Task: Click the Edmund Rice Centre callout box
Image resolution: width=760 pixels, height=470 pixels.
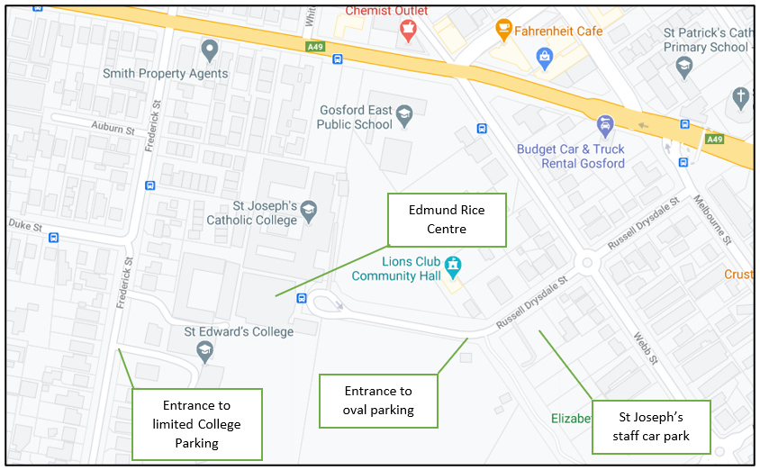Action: (447, 219)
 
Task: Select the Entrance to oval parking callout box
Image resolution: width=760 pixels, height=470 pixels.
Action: (378, 400)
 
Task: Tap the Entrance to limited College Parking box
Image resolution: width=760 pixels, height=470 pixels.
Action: (196, 424)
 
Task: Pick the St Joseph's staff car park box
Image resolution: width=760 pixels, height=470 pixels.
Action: (651, 427)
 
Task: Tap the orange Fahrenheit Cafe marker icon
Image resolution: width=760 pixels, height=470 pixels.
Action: (503, 30)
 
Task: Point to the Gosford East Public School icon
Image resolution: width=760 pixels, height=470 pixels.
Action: (404, 113)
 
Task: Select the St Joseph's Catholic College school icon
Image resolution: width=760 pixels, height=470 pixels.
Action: (309, 209)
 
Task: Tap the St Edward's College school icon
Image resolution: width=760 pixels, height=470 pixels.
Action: (205, 350)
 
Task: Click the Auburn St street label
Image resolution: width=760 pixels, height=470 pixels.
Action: (113, 130)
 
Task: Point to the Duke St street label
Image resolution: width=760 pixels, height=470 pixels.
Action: (24, 226)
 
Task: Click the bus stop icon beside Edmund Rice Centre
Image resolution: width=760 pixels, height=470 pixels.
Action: (302, 298)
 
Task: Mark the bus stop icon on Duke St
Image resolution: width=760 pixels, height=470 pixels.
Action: (54, 238)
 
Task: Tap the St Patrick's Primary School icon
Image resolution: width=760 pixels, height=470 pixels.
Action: (684, 66)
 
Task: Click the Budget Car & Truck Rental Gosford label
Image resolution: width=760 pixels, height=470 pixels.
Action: (570, 156)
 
